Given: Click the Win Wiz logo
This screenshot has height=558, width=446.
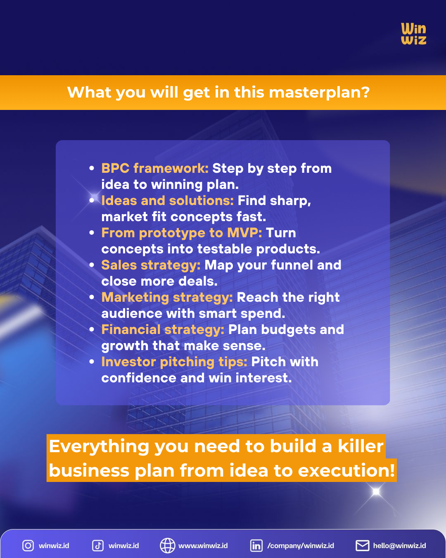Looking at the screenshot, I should point(413,34).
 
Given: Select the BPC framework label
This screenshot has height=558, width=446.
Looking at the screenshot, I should point(155,168).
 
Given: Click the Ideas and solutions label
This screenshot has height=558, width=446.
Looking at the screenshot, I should point(167,200).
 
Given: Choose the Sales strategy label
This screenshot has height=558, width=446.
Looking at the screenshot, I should point(151,265).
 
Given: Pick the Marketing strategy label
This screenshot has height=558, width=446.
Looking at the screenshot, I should point(167,297).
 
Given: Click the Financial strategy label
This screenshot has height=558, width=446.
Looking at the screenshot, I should point(163,329).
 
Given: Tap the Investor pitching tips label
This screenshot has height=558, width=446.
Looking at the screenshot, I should point(174,362).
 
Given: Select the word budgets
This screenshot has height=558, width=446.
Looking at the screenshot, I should point(288,329).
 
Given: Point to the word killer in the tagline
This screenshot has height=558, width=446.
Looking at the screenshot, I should point(361,446).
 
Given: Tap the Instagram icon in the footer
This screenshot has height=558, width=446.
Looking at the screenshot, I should point(28,546).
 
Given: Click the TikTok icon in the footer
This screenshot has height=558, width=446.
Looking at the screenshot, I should point(98,546).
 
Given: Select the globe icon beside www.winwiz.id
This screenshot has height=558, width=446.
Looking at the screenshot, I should point(167,546).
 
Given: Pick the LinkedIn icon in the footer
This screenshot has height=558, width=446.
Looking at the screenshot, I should point(256,546).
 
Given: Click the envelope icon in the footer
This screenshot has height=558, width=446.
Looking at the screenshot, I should point(362,546).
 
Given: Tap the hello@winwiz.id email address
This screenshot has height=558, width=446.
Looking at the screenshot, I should point(399,546).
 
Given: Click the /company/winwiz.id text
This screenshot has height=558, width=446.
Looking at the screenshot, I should point(301,546).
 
